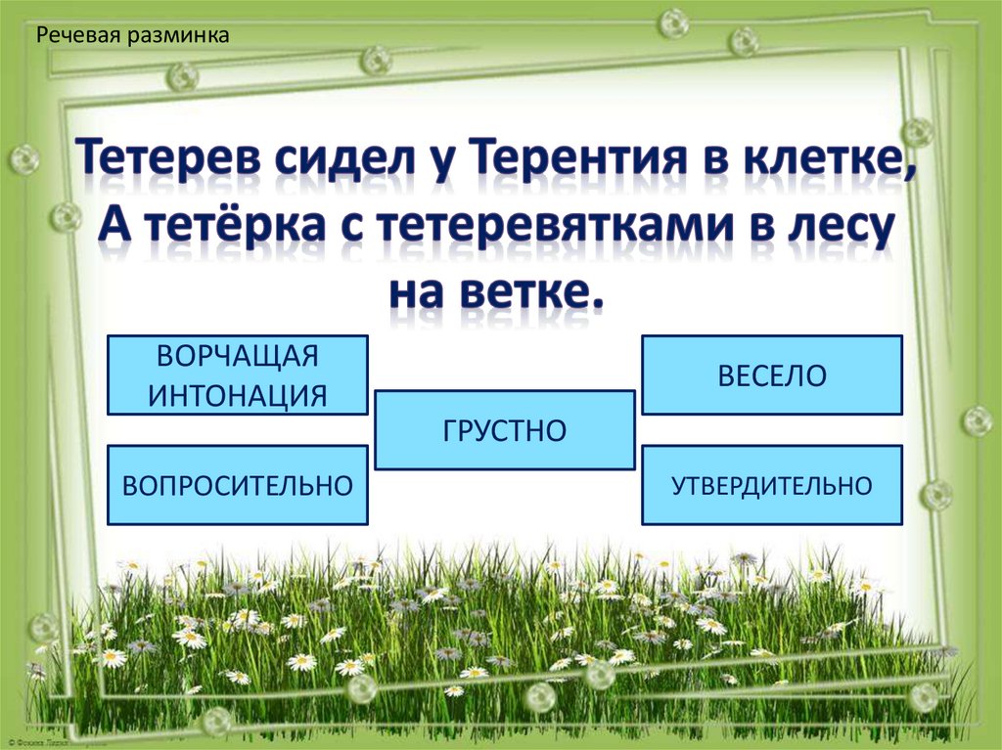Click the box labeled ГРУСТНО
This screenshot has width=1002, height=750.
point(505,430)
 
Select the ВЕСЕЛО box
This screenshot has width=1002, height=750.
point(772,375)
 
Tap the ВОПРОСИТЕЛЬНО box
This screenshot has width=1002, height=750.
point(237,485)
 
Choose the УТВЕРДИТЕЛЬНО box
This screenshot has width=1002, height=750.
point(772,485)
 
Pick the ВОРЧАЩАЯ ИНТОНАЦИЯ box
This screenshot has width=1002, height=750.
point(237,375)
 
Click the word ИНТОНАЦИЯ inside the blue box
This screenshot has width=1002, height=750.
point(237,395)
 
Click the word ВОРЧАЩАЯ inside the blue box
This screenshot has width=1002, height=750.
point(237,356)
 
